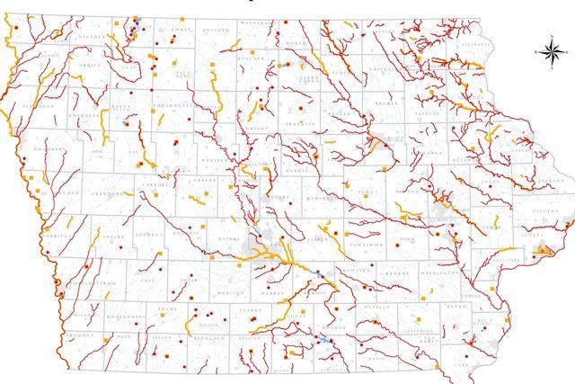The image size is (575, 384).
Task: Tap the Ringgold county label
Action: (x=212, y=339)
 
